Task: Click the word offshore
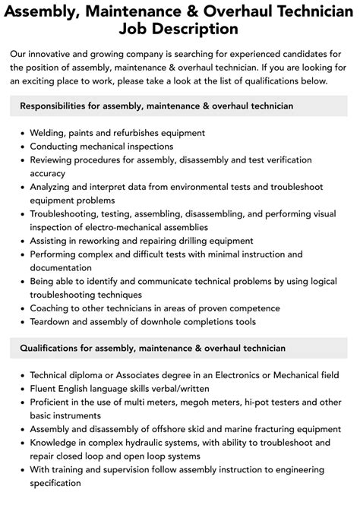(171, 428)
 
